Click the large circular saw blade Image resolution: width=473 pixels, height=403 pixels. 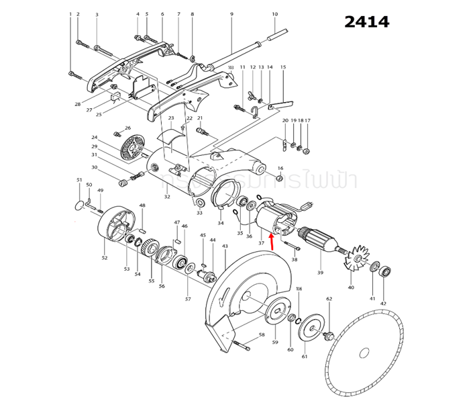click(x=363, y=353)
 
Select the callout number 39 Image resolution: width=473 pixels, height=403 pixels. click(x=320, y=272)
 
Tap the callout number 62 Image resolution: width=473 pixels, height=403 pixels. click(x=329, y=299)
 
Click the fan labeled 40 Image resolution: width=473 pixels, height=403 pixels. click(x=353, y=261)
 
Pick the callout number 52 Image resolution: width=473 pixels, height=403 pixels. click(x=104, y=257)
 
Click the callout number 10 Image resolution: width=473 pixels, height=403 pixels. click(x=274, y=14)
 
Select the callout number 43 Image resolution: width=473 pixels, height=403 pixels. click(x=225, y=246)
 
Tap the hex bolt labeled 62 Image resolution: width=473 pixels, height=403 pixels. click(x=329, y=334)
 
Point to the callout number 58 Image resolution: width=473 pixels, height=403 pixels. click(x=262, y=334)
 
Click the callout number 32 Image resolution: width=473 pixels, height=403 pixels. click(x=167, y=197)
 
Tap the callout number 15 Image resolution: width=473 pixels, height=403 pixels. click(x=283, y=67)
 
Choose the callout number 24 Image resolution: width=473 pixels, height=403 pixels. click(x=95, y=137)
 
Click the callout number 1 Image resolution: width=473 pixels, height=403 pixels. click(x=70, y=14)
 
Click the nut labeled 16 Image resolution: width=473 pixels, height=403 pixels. click(x=280, y=177)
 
